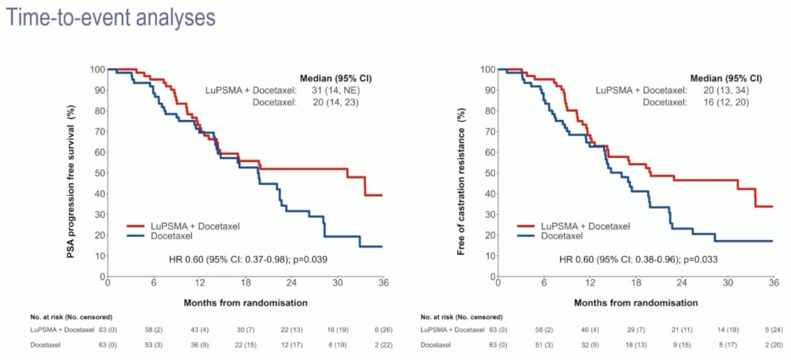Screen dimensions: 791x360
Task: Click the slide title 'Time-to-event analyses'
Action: coord(111,18)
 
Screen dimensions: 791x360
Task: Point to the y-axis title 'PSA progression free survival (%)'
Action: coord(71,181)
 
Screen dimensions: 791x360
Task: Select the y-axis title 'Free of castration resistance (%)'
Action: coord(461,181)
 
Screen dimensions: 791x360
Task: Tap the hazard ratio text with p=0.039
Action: coord(248,260)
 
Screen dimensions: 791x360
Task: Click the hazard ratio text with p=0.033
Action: coord(639,260)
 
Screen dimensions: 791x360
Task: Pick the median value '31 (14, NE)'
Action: coord(336,90)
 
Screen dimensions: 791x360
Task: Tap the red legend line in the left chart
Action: coord(136,225)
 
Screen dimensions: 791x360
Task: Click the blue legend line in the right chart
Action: coord(526,235)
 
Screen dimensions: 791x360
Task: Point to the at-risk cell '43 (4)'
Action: coord(200,330)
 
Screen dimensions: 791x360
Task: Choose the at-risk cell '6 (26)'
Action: coord(384,330)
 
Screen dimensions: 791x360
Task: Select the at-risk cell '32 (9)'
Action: coord(590,345)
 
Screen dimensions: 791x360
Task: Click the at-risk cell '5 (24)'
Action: coord(774,330)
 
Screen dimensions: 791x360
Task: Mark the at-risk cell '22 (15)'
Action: coord(245,345)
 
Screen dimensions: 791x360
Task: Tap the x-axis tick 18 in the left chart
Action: coord(245,283)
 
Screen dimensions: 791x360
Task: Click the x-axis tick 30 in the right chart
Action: coord(728,283)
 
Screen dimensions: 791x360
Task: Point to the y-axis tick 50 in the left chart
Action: coord(100,173)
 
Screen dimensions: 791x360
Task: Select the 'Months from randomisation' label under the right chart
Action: coord(635,303)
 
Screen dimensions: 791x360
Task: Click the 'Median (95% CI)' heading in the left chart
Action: coord(336,78)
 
